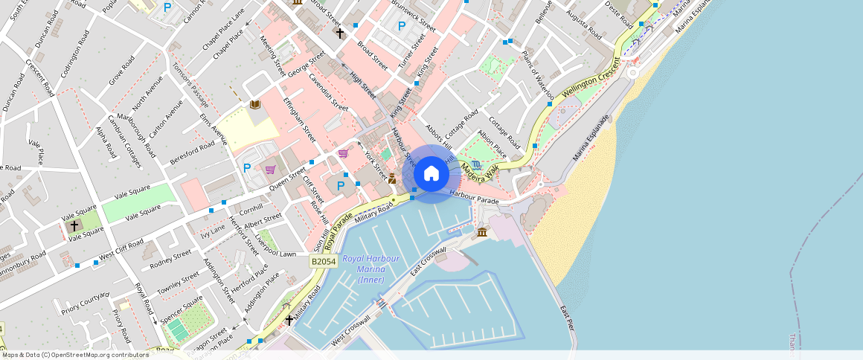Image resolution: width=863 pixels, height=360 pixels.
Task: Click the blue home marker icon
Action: pos(431,174)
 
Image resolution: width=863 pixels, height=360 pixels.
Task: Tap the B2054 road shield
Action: pos(324,262)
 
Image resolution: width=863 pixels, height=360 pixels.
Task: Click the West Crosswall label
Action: pos(350,332)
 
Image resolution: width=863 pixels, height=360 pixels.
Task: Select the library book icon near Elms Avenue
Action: pos(255,105)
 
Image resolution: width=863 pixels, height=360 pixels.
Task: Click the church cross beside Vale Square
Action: pos(74,224)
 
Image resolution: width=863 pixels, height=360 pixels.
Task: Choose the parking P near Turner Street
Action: pos(402,26)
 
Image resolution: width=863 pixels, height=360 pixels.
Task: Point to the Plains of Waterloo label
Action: pos(537,75)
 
